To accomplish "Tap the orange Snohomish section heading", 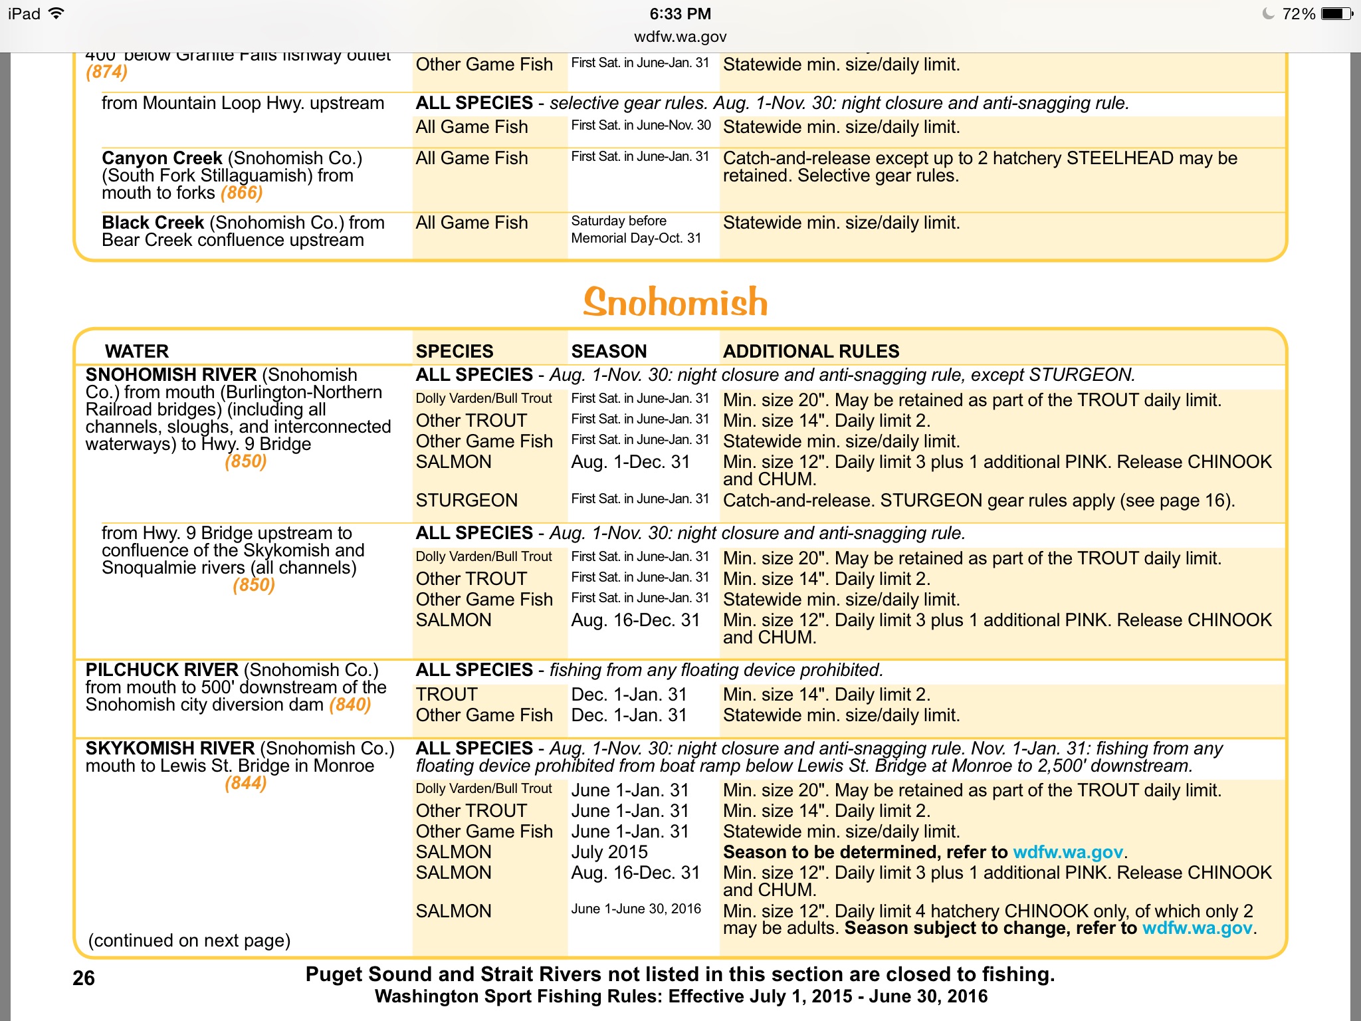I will point(675,302).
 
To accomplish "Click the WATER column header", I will point(137,351).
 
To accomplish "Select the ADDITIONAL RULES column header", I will point(811,351).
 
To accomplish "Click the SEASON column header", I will point(609,351).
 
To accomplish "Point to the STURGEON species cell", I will point(467,500).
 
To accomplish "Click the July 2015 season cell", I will point(609,852).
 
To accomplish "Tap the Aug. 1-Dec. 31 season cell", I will point(631,462).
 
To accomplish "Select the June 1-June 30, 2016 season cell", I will point(636,909).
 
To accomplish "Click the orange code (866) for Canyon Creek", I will point(242,193).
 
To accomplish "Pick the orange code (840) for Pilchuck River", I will point(350,705).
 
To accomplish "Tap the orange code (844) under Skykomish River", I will point(245,783).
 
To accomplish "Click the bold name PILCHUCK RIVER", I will point(162,670).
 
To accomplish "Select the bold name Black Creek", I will point(153,223).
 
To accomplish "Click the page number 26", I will point(84,978).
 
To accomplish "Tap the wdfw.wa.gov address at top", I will point(680,37).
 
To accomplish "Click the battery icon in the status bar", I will point(1336,14).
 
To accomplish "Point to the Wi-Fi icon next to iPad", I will point(57,13).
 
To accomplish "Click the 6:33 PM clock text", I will point(680,14).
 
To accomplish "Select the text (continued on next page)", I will point(189,941).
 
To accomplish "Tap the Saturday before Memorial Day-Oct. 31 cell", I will point(636,229).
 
